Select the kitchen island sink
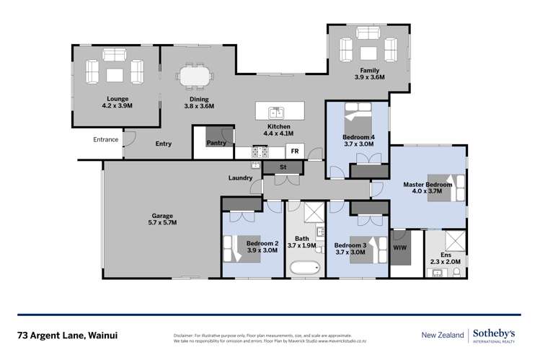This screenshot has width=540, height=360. point(275,112)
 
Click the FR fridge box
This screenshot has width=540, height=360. point(294,151)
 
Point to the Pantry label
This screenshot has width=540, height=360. point(216,143)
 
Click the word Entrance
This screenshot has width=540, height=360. point(106,139)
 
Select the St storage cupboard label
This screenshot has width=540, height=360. point(283,167)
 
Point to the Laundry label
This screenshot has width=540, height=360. point(240,177)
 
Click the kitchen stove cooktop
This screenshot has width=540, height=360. point(260,152)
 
